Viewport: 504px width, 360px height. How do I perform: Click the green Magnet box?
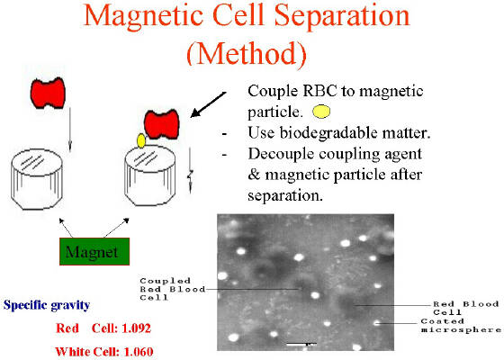pos(94,251)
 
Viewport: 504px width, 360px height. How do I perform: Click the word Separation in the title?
pos(342,16)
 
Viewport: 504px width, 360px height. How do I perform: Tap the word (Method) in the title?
pos(247,53)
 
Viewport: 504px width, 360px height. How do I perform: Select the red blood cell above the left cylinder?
pos(48,93)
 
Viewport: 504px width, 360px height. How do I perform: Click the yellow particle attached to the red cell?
pos(141,140)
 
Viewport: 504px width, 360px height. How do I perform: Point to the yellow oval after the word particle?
pos(321,112)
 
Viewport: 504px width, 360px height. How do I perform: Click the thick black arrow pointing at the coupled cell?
pos(208,104)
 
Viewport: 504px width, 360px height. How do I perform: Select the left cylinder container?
pos(37,179)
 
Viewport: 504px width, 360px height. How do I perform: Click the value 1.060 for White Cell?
pos(139,352)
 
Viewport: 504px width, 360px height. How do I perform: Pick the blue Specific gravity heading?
pos(47,305)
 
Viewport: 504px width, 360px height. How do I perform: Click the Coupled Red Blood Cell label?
pos(172,289)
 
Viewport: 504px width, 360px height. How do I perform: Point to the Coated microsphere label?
pos(461,325)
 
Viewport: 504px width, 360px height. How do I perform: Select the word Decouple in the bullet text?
pos(282,154)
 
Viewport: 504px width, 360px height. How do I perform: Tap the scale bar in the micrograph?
pos(301,344)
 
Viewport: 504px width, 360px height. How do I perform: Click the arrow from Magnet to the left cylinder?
pos(66,228)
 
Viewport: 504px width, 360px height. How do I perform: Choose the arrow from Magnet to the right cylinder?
pos(117,228)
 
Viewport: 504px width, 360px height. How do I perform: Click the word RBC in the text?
pos(319,91)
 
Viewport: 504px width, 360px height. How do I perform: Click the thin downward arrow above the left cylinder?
pos(70,130)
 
